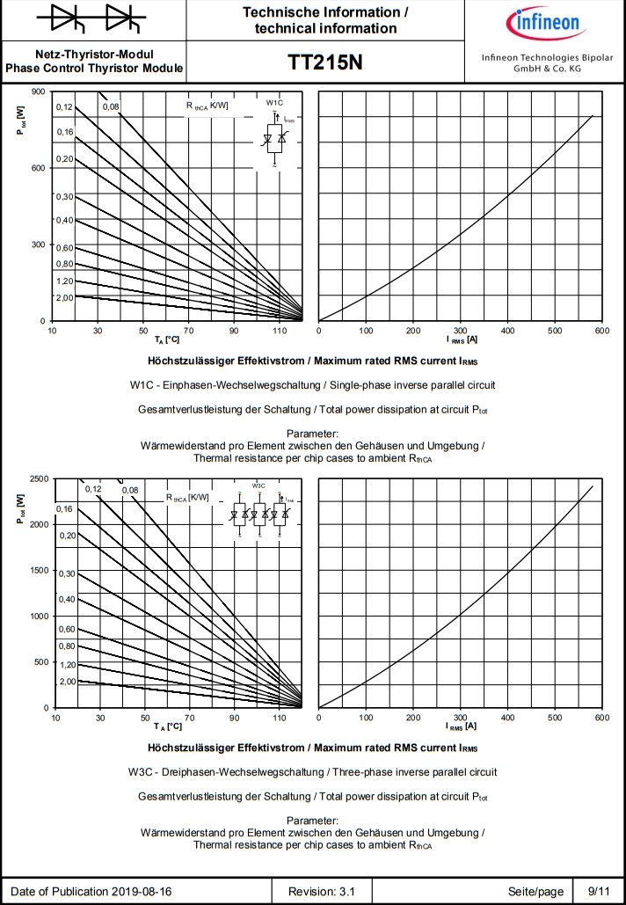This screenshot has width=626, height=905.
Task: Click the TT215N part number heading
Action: (325, 62)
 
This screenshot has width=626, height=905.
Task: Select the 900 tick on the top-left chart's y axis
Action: (38, 91)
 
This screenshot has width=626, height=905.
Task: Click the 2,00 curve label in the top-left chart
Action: (65, 298)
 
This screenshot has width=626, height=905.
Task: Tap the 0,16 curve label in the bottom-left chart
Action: (65, 509)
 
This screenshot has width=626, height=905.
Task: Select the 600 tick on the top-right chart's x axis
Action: (601, 332)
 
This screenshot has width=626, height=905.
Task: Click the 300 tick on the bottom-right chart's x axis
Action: (460, 719)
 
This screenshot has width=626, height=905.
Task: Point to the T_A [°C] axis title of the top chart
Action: (167, 339)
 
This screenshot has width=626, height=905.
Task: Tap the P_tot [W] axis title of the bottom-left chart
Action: (19, 509)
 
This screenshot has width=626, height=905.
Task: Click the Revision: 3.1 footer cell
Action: (329, 891)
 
